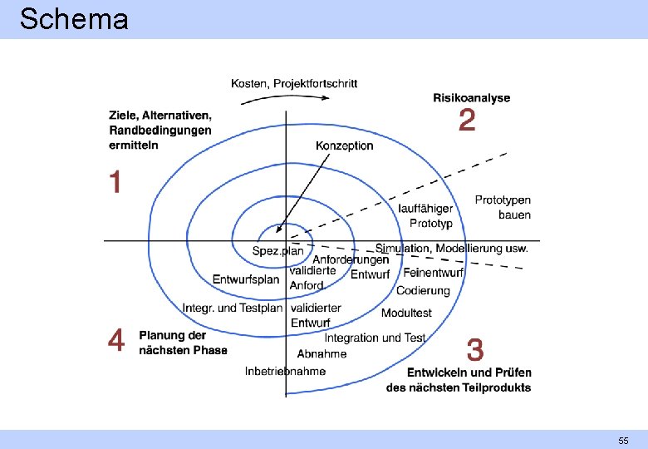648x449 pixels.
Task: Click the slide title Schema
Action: (74, 18)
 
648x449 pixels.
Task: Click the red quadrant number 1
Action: (115, 182)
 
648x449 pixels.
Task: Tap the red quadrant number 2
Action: (468, 121)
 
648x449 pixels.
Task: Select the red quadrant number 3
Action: (475, 348)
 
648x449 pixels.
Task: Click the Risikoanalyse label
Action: (471, 97)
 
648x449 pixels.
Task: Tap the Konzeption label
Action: (345, 146)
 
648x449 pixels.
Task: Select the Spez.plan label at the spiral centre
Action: (278, 250)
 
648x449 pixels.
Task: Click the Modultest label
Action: (406, 313)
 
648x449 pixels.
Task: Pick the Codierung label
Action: (423, 291)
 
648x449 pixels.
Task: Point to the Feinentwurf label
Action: (434, 273)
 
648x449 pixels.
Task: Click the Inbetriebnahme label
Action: (285, 371)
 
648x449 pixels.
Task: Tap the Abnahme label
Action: (322, 354)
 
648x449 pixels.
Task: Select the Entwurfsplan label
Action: (246, 279)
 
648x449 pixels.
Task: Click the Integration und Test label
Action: (375, 338)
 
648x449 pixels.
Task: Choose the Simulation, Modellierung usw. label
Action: (451, 248)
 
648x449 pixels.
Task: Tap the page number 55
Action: (622, 440)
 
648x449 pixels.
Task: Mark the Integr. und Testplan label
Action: (233, 308)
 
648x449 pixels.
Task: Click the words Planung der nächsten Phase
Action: (183, 343)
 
